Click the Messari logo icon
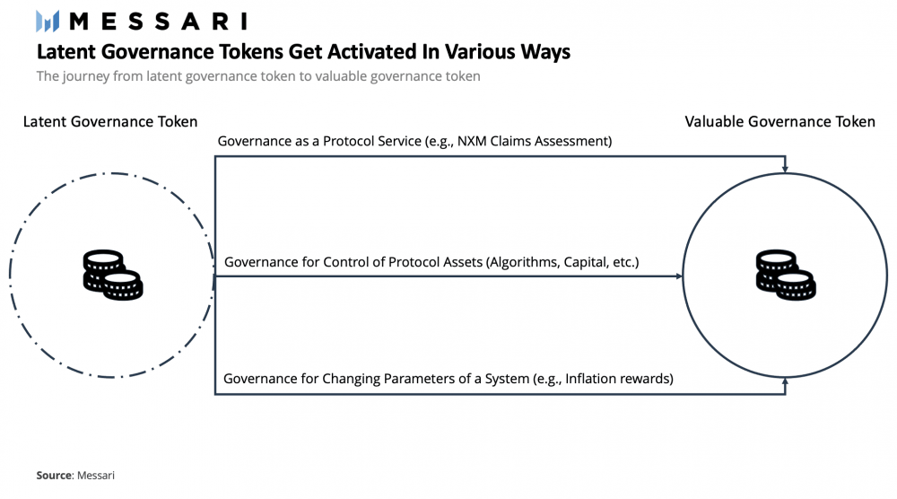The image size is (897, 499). (x=47, y=21)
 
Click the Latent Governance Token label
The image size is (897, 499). (x=110, y=122)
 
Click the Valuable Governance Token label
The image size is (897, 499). (x=780, y=122)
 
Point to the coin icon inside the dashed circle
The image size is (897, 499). (x=112, y=275)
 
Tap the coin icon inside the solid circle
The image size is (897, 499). (x=785, y=275)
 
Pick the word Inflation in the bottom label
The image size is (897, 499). (x=592, y=379)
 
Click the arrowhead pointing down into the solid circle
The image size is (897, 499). (x=786, y=168)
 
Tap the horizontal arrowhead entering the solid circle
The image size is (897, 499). (x=677, y=276)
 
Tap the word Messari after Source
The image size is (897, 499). (x=96, y=476)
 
